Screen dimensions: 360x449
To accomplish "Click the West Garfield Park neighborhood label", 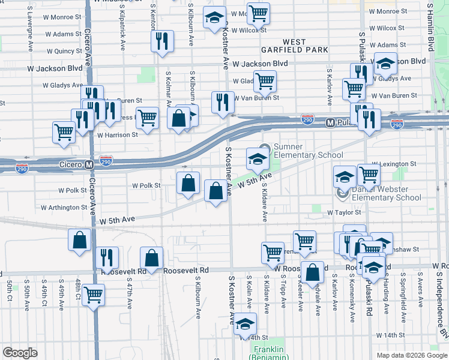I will [286, 46].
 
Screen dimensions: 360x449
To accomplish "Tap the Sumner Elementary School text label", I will [308, 151].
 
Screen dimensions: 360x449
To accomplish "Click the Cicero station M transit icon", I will [89, 164].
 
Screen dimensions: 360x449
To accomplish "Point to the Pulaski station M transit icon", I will [329, 122].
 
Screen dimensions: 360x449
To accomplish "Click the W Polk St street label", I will [73, 190].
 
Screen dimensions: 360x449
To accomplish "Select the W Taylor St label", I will [344, 212].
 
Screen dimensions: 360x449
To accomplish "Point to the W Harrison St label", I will [117, 135].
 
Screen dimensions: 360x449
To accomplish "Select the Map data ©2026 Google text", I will [411, 355].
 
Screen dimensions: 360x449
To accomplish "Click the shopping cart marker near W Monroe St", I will [258, 12].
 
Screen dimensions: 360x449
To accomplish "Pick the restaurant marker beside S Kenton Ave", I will [162, 41].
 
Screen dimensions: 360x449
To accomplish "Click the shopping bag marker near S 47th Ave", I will [152, 259].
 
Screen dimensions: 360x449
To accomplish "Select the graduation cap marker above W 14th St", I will [245, 323].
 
